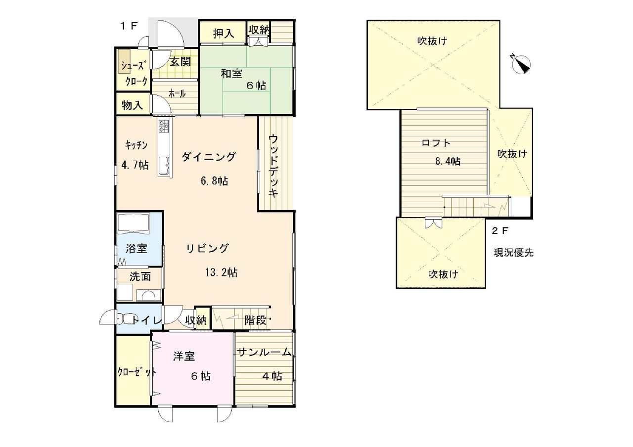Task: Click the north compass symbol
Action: coord(521,64)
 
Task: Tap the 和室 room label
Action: coord(231,74)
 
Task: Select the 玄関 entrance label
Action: coord(181,61)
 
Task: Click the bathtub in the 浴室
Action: coord(133,223)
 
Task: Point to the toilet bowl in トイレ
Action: coord(125,319)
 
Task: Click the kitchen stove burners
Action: coord(164,126)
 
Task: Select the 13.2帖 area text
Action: coord(221,272)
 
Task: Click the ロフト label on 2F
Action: coord(436,143)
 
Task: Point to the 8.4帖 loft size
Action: coord(448,161)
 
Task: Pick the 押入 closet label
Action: coord(224,33)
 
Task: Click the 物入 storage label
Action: coord(132,105)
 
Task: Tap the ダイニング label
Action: coord(208,156)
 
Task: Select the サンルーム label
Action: coord(265,353)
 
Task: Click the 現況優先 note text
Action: coord(513,252)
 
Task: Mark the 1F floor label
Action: coord(129,26)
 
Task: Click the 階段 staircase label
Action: coord(256,320)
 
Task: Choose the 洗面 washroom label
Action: coord(140,276)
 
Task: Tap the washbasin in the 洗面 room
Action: coord(149,296)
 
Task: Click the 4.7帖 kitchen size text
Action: coord(135,165)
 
